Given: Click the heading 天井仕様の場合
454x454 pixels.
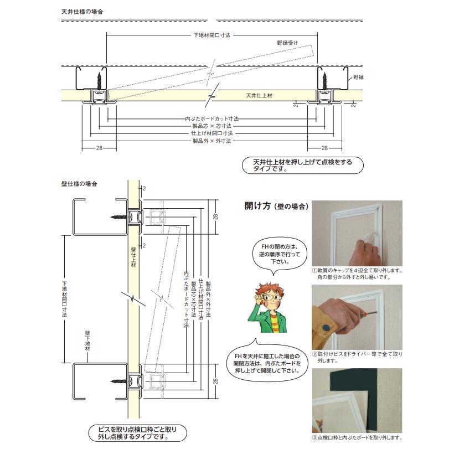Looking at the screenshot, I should (x=82, y=11).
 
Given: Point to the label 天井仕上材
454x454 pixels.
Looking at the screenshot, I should (x=259, y=96).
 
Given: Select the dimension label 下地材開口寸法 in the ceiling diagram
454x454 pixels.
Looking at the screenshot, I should (x=211, y=34).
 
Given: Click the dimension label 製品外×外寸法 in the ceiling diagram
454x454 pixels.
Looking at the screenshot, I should (x=211, y=141).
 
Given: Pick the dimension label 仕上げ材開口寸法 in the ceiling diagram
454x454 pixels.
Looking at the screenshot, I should (x=211, y=133).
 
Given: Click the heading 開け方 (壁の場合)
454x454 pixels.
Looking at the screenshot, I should (x=276, y=206).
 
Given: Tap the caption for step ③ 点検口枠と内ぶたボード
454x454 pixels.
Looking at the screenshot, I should (x=357, y=437).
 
